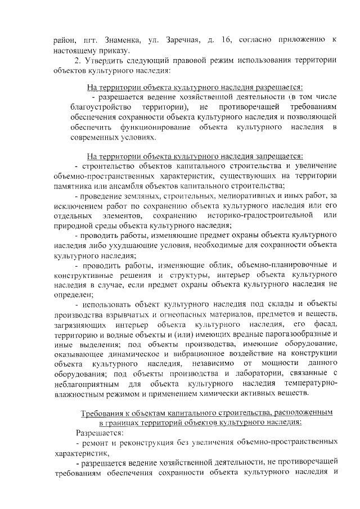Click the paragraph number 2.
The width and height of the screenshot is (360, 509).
(78, 61)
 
